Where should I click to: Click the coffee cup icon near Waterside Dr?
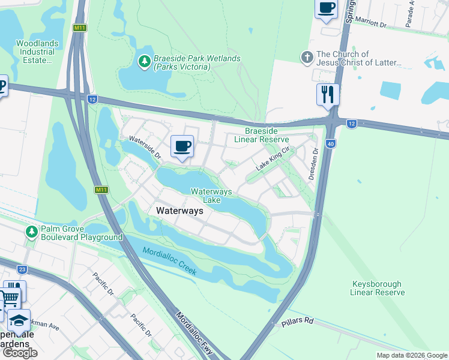[182, 146]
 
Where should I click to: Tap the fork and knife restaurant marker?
[328, 94]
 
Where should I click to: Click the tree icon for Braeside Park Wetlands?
[144, 61]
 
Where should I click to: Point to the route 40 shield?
[330, 143]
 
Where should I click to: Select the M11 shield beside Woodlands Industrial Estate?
[79, 28]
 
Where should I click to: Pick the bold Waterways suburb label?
[179, 211]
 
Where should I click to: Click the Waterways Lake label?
[211, 196]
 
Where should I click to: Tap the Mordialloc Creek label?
[169, 262]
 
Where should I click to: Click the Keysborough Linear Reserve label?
[378, 288]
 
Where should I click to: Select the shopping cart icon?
[9, 299]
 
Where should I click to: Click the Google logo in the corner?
[20, 352]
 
